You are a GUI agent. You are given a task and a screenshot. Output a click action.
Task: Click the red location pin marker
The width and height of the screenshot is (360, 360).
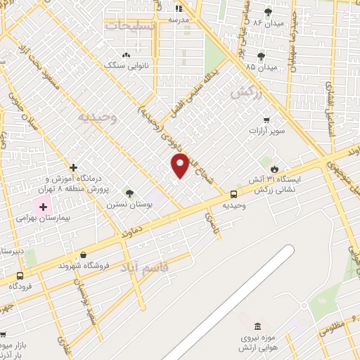pos(180,165)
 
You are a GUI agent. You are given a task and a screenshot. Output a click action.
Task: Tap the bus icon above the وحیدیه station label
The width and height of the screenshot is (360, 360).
pos(233,194)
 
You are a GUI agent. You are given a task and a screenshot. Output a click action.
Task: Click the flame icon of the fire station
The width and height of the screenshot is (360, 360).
pos(274,169)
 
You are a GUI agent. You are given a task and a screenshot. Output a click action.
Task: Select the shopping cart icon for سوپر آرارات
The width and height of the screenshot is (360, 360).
pos(266,120)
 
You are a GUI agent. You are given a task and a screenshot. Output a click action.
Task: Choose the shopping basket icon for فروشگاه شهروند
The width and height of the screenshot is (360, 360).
pos(84,255)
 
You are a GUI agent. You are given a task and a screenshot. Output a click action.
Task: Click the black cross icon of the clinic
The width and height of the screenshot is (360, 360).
pos(73,167)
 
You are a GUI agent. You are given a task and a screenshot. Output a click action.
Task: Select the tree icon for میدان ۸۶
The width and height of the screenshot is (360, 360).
pos(267,12)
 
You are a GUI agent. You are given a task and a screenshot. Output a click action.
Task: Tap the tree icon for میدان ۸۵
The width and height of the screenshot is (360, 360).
pos(261,56)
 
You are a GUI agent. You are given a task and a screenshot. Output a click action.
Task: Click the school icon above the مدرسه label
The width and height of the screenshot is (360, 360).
pos(179,9)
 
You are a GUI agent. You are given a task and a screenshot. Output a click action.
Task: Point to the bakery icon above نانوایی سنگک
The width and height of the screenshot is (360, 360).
pos(126,56)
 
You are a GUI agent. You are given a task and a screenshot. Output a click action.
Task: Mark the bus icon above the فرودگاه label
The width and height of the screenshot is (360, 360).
pos(20,276)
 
